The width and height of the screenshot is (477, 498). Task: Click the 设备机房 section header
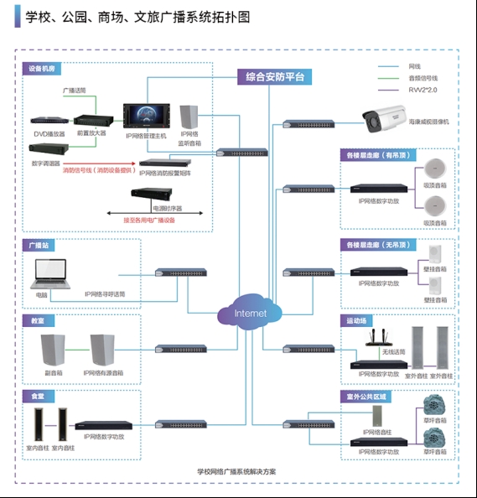point(44,68)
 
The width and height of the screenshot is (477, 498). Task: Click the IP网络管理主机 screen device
point(146,117)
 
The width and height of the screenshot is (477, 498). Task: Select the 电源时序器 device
point(151,195)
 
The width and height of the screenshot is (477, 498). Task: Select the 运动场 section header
point(355,320)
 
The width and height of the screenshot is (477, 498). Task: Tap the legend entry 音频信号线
point(423,77)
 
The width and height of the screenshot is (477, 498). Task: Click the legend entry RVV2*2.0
point(423,89)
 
